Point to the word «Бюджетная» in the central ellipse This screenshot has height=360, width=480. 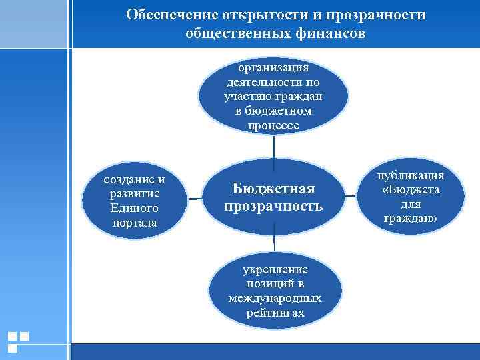point(273,189)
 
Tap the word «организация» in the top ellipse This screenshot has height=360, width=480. point(273,67)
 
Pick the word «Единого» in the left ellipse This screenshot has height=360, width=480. point(135,208)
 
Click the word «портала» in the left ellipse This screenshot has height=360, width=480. point(135,223)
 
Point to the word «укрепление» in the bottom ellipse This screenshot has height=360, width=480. point(275,269)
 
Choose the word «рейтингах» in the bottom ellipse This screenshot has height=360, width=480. point(275,313)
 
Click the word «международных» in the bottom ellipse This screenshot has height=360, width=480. point(275,298)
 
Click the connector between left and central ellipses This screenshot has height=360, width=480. point(195,198)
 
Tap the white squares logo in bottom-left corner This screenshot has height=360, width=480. point(18,341)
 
